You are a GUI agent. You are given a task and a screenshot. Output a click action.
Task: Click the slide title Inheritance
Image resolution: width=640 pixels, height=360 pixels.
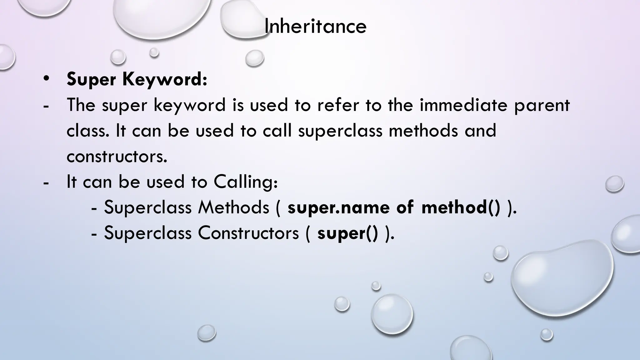pyautogui.click(x=315, y=26)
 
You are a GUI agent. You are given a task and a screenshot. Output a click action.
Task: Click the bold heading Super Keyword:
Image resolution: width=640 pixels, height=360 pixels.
pyautogui.click(x=137, y=79)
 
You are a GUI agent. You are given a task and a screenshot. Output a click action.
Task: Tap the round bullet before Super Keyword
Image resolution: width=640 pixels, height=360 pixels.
pyautogui.click(x=46, y=78)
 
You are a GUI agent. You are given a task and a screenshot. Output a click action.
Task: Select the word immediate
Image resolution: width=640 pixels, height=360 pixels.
pyautogui.click(x=463, y=105)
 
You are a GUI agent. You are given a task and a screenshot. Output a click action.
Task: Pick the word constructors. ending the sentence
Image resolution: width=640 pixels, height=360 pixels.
pyautogui.click(x=117, y=156)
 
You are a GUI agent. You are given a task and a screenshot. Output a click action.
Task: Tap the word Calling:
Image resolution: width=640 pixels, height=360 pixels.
pyautogui.click(x=246, y=182)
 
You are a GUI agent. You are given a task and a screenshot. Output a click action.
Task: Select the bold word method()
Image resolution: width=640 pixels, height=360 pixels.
pyautogui.click(x=461, y=207)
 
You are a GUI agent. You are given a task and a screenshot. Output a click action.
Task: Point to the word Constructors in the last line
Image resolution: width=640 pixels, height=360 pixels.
pyautogui.click(x=248, y=233)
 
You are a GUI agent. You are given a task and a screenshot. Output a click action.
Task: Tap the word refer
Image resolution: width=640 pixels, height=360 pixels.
pyautogui.click(x=338, y=105)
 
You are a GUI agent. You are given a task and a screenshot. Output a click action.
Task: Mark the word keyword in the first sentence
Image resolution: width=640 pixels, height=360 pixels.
pyautogui.click(x=189, y=106)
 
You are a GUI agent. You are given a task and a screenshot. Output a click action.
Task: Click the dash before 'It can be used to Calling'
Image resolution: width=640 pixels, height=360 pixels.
pyautogui.click(x=46, y=182)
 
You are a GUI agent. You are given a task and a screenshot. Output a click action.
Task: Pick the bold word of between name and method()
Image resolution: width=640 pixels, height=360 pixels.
pyautogui.click(x=405, y=207)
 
